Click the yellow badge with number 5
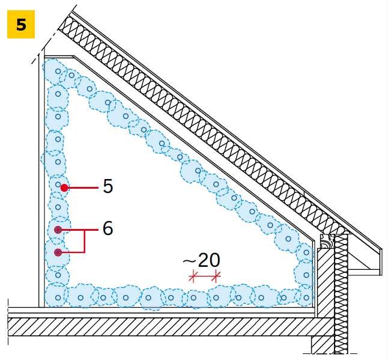[x=21, y=24]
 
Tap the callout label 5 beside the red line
[x=108, y=186]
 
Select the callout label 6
[x=108, y=228]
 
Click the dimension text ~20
[x=201, y=260]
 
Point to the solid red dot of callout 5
[x=64, y=188]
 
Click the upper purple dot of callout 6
[x=58, y=230]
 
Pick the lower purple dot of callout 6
[x=58, y=252]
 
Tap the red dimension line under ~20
[x=204, y=275]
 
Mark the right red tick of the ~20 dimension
[x=216, y=276]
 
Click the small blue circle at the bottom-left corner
[x=58, y=297]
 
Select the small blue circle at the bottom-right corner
[x=306, y=297]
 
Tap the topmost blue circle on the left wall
[x=58, y=72]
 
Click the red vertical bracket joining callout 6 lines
[x=85, y=241]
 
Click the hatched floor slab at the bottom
[x=171, y=327]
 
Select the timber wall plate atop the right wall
[x=326, y=240]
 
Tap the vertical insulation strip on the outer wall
[x=341, y=294]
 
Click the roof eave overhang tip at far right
[x=380, y=248]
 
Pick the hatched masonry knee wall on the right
[x=326, y=282]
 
